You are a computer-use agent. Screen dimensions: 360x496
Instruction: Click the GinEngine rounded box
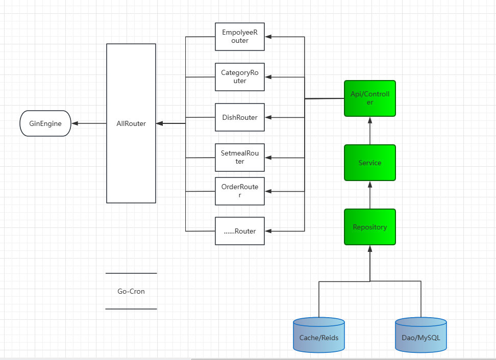pyautogui.click(x=45, y=123)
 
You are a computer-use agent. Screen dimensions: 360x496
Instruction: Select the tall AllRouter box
pyautogui.click(x=131, y=123)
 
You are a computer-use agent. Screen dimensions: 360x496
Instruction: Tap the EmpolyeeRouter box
pyautogui.click(x=240, y=37)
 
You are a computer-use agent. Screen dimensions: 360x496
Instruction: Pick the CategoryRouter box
pyautogui.click(x=240, y=77)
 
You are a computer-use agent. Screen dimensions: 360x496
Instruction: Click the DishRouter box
pyautogui.click(x=240, y=117)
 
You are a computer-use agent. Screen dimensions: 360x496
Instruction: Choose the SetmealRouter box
pyautogui.click(x=240, y=158)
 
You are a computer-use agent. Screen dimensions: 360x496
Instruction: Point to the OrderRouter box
pyautogui.click(x=240, y=191)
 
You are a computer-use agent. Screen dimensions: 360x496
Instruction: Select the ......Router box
pyautogui.click(x=240, y=231)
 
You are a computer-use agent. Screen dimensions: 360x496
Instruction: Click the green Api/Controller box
pyautogui.click(x=370, y=98)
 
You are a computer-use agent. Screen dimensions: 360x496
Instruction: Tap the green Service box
pyautogui.click(x=370, y=163)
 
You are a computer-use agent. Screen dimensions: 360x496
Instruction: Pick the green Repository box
pyautogui.click(x=370, y=227)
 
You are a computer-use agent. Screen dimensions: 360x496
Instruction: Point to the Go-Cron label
pyautogui.click(x=131, y=291)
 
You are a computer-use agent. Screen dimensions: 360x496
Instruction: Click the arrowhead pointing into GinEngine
pyautogui.click(x=75, y=123)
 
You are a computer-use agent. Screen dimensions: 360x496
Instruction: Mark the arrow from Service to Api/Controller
pyautogui.click(x=370, y=131)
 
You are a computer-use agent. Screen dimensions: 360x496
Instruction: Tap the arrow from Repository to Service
pyautogui.click(x=370, y=195)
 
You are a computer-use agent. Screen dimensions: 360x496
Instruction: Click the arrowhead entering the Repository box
pyautogui.click(x=370, y=248)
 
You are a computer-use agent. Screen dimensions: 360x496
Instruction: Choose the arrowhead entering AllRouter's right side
pyautogui.click(x=159, y=123)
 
